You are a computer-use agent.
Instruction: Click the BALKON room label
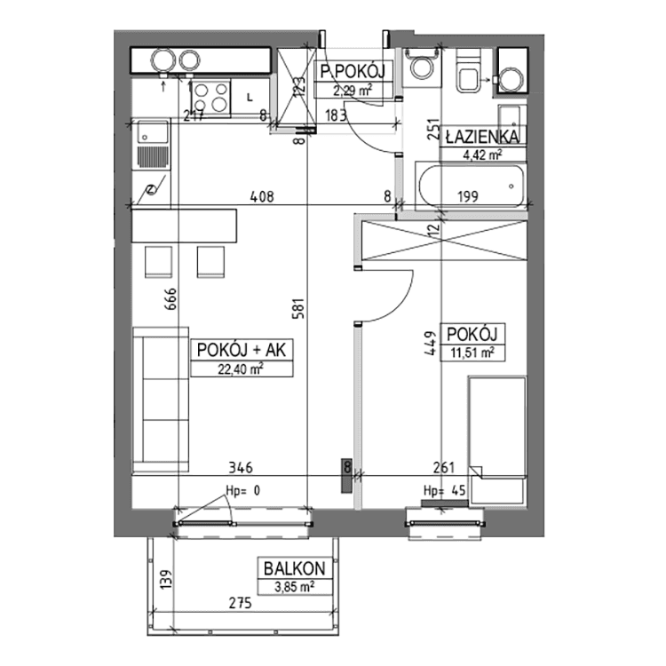tap(289, 568)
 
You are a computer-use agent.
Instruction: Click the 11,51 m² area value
tap(472, 353)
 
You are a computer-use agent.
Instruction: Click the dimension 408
tap(260, 198)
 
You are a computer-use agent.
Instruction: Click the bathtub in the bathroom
tap(468, 186)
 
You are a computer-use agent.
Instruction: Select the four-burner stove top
tap(210, 94)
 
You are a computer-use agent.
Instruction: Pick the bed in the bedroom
tap(497, 426)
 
